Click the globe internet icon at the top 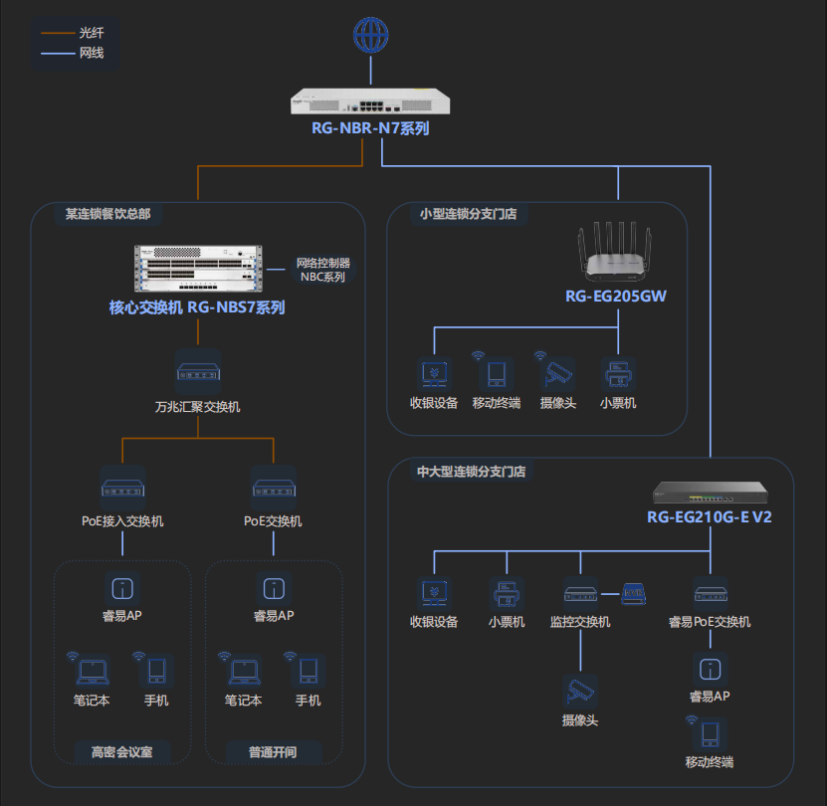pos(370,36)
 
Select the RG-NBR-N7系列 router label pos(370,128)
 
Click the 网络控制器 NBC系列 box pos(322,270)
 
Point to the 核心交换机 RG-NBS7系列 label pos(197,307)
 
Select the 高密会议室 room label pos(122,751)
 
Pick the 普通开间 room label pos(273,751)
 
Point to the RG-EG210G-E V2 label pos(710,517)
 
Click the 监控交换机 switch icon pos(580,594)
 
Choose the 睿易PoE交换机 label pos(710,622)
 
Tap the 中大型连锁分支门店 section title pos(471,471)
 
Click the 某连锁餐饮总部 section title pos(107,214)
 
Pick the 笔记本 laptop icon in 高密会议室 pos(92,671)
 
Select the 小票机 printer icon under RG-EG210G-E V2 pos(506,594)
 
